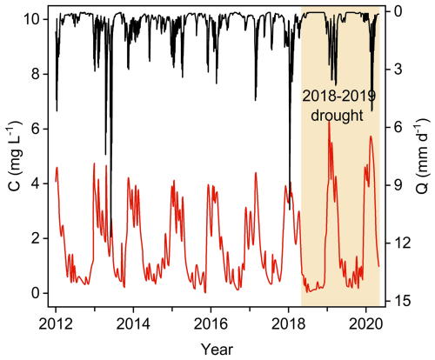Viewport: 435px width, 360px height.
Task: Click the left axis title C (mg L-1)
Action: tap(12, 155)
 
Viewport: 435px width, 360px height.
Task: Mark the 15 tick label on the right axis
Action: tap(404, 301)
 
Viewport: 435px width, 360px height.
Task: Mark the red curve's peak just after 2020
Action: tap(371, 137)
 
